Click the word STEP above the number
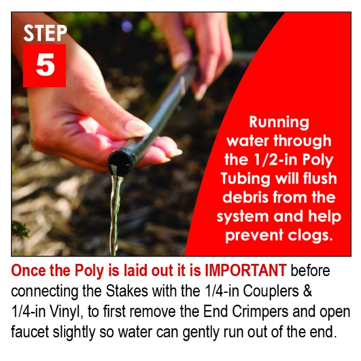(45, 33)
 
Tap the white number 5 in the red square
(46, 65)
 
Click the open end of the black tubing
(119, 164)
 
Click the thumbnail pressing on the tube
(139, 127)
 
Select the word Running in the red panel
(279, 121)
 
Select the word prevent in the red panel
(254, 236)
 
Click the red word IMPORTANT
(245, 270)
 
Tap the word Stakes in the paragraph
(127, 291)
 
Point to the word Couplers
(271, 292)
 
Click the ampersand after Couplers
(308, 291)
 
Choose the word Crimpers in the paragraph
(260, 312)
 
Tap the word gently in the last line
(201, 333)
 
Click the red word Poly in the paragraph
(89, 271)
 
